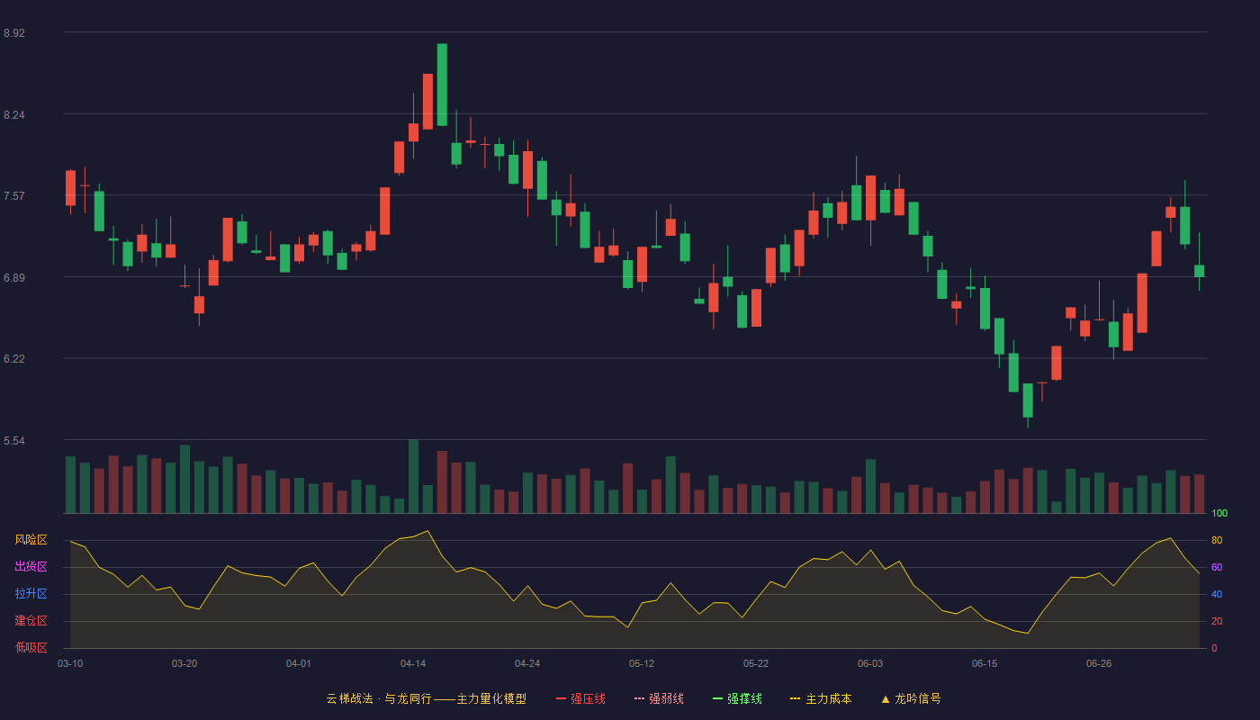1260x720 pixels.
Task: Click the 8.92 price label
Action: pyautogui.click(x=14, y=33)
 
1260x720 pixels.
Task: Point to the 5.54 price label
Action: pyautogui.click(x=14, y=441)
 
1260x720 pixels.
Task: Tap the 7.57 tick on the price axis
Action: pyautogui.click(x=14, y=196)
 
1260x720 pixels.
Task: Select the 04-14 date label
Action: pyautogui.click(x=413, y=664)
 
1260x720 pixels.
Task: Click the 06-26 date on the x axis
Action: pyautogui.click(x=1099, y=664)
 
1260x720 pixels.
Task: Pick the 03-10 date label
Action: pyautogui.click(x=70, y=664)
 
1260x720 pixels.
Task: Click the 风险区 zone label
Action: pyautogui.click(x=31, y=540)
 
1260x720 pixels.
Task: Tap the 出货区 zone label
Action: pyautogui.click(x=31, y=566)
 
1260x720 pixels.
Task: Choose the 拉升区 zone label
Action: pyautogui.click(x=31, y=593)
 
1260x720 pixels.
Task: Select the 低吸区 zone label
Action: pyautogui.click(x=31, y=647)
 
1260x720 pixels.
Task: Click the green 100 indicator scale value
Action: pyautogui.click(x=1219, y=513)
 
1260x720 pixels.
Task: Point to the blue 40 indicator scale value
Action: pyautogui.click(x=1217, y=594)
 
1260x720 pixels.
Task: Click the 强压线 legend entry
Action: pyautogui.click(x=580, y=698)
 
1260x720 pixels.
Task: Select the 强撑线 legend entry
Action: pyautogui.click(x=737, y=698)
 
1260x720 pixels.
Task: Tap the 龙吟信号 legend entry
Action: pyautogui.click(x=911, y=698)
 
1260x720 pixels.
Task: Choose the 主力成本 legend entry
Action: pyautogui.click(x=821, y=698)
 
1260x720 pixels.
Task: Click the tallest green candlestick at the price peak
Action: pyautogui.click(x=442, y=85)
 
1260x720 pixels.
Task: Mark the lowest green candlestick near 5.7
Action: pyautogui.click(x=1028, y=400)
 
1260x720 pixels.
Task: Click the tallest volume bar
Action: pyautogui.click(x=413, y=476)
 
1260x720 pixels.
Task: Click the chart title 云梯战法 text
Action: pyautogui.click(x=349, y=698)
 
